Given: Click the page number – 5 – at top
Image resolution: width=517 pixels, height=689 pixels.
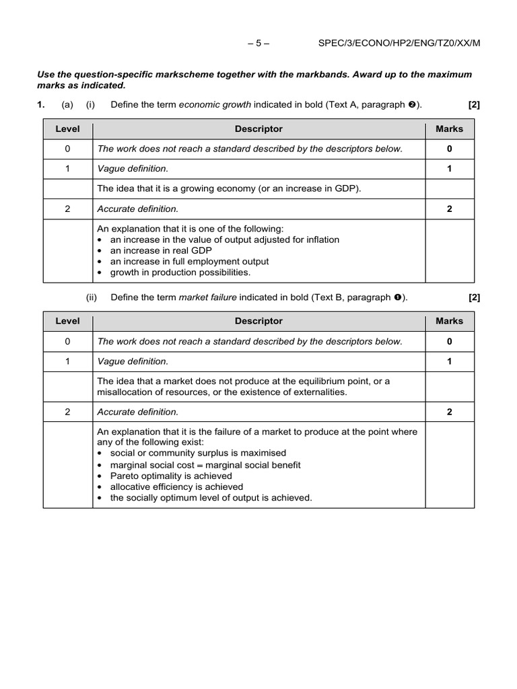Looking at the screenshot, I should pyautogui.click(x=258, y=44).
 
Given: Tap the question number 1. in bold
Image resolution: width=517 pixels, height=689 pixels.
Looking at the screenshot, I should pyautogui.click(x=41, y=104).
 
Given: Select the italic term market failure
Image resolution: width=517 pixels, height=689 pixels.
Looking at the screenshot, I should pyautogui.click(x=204, y=297).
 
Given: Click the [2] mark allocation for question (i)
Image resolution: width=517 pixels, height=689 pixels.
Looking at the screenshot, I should pyautogui.click(x=473, y=104).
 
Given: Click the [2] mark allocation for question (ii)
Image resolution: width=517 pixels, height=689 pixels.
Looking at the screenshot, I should pyautogui.click(x=473, y=297).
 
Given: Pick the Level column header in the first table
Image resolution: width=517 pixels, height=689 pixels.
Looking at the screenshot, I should pyautogui.click(x=67, y=129).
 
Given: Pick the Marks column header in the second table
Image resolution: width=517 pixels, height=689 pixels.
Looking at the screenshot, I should pyautogui.click(x=449, y=321).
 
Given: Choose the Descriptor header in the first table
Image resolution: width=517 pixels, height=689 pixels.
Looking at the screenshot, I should pyautogui.click(x=258, y=129).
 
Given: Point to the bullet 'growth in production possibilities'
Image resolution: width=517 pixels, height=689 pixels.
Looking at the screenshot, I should pyautogui.click(x=180, y=272).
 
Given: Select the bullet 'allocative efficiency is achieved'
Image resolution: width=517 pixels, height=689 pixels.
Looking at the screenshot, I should pyautogui.click(x=176, y=486).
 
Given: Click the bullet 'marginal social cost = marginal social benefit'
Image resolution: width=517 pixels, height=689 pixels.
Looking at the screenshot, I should pyautogui.click(x=205, y=465).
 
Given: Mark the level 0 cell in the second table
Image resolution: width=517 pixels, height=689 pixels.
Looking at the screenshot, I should pyautogui.click(x=67, y=341).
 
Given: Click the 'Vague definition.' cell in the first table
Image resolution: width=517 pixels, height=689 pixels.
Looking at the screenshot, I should pyautogui.click(x=133, y=169).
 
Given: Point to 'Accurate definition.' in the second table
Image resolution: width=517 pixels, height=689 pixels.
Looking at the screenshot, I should pyautogui.click(x=138, y=411).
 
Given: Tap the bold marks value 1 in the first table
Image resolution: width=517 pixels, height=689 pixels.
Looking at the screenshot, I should pyautogui.click(x=449, y=169).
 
